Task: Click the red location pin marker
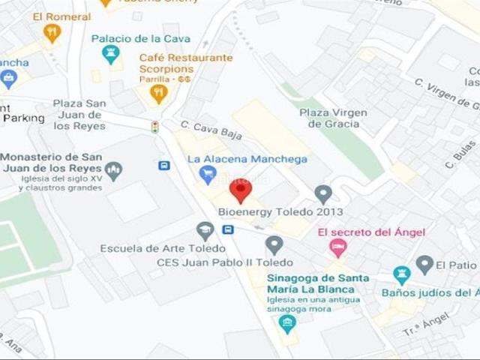240,190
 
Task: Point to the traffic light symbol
155,127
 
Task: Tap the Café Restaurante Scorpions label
186,63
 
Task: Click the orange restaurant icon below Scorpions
158,93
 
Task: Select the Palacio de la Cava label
140,38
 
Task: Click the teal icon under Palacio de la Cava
111,54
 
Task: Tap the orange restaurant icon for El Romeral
52,32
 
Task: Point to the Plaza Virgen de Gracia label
333,118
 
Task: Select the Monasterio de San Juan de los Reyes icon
113,171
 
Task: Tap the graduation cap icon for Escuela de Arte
205,230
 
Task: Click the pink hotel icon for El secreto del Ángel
338,247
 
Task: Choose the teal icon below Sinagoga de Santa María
286,324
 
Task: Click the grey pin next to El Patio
424,265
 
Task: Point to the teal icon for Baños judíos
402,275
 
